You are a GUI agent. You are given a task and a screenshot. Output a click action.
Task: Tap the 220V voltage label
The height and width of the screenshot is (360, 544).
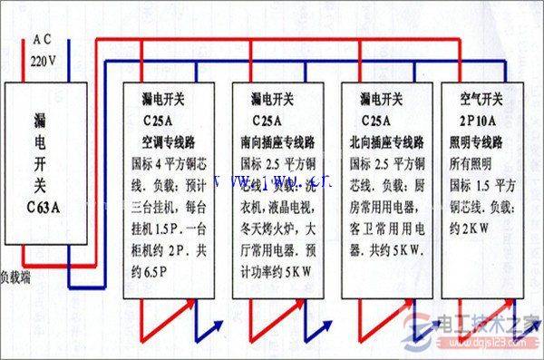[x=42, y=60]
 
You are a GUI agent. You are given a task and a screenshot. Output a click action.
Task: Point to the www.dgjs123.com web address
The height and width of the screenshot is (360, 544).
[x=494, y=345]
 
